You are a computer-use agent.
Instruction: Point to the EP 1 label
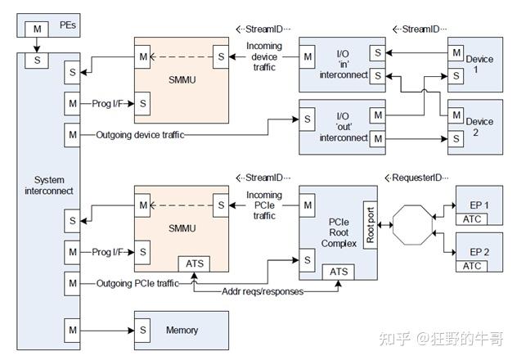[x=470, y=204]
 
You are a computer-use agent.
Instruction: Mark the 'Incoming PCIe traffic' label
[x=263, y=206]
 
